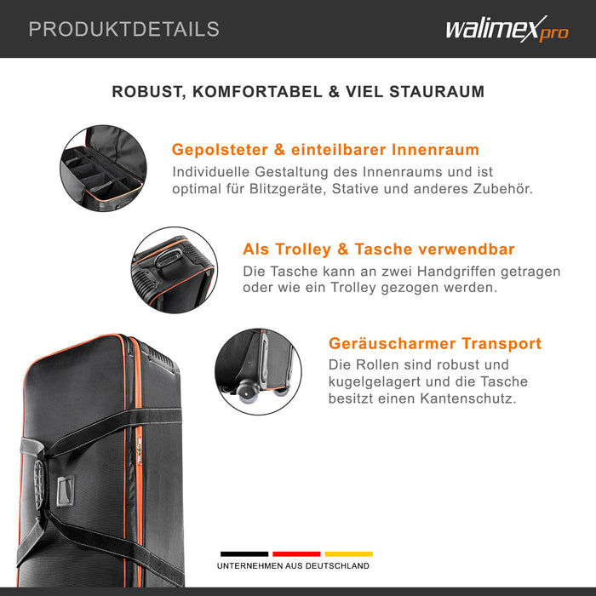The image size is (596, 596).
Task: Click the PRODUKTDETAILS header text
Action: [124, 29]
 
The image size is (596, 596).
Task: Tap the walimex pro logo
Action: [507, 29]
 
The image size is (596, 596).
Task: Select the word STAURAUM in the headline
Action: [437, 92]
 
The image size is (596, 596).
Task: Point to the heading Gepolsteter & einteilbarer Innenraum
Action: [325, 149]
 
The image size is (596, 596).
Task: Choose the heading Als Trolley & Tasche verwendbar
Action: [379, 249]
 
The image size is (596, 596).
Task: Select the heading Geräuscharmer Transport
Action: [435, 343]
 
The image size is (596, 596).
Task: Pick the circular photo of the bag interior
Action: [103, 168]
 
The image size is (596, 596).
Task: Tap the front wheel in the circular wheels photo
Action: [248, 393]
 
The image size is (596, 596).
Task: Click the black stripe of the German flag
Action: [244, 553]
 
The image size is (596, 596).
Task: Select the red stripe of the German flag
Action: [296, 553]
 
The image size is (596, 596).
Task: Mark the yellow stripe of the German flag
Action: [348, 553]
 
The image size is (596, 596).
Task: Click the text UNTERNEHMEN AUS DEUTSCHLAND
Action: [293, 566]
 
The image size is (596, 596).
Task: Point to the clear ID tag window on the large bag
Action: [66, 490]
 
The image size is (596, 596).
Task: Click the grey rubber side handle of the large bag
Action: [38, 484]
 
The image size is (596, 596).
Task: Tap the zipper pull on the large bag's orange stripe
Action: [140, 450]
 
